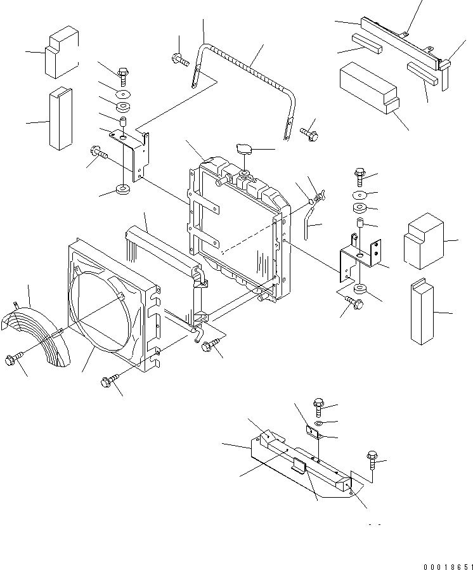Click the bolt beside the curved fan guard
[x=13, y=359]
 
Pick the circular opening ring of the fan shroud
[x=105, y=311]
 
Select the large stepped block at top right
[x=368, y=89]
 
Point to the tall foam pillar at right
[x=422, y=313]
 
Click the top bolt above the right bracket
[x=359, y=173]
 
